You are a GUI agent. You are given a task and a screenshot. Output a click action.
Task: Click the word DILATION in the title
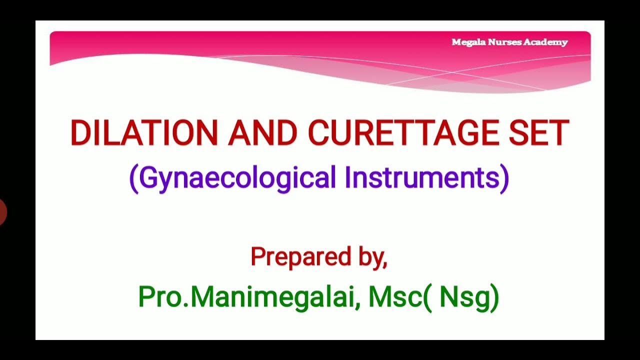(x=144, y=133)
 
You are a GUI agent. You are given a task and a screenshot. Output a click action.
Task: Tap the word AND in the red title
(x=263, y=133)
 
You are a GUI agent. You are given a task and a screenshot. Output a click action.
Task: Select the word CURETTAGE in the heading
(x=403, y=133)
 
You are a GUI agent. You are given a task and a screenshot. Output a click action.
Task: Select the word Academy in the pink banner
(x=545, y=42)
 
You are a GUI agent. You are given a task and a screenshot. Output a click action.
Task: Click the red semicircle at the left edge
(x=2, y=211)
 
